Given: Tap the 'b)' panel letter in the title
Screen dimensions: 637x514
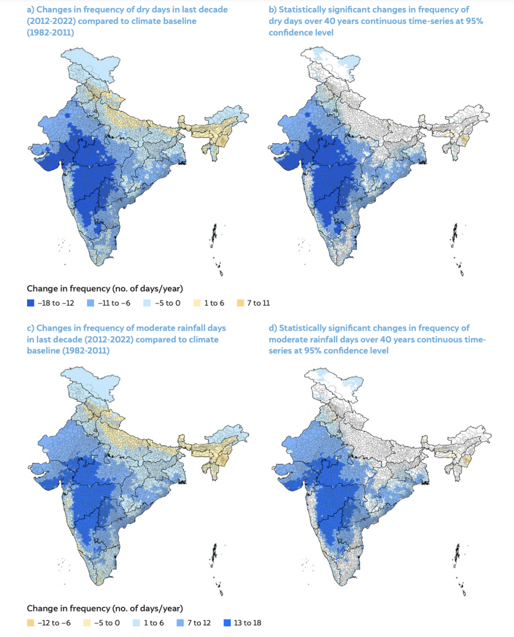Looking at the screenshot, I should pos(273,10).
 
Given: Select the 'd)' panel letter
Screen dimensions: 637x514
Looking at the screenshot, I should pos(273,328).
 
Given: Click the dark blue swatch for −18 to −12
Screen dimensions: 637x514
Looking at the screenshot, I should pos(30,303).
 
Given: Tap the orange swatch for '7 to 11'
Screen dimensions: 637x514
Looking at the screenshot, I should pos(241,303).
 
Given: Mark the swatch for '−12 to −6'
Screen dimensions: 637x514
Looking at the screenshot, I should pos(30,623).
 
